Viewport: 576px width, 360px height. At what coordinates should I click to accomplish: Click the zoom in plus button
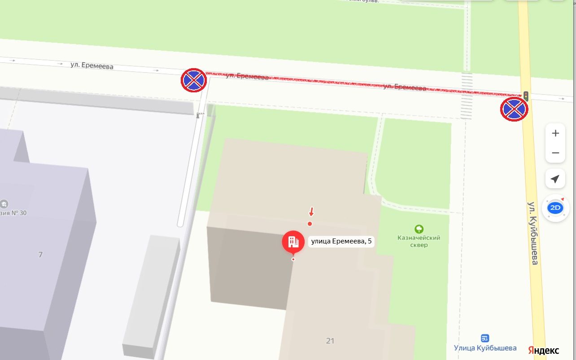tap(555, 133)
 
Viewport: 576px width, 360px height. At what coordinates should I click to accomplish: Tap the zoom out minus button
tap(555, 153)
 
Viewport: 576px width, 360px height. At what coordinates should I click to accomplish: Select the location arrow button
tap(555, 179)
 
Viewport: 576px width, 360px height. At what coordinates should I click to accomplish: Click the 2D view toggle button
tap(555, 208)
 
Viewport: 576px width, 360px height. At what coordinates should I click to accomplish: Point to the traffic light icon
tap(525, 95)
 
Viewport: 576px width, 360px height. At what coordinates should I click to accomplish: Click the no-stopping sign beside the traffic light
tap(514, 109)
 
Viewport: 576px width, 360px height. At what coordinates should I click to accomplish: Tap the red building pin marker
tap(293, 242)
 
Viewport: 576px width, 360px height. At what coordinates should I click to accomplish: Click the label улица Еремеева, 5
tap(341, 241)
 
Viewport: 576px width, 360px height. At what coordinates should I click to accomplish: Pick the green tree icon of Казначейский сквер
tap(419, 229)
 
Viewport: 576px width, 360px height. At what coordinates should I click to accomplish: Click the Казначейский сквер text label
tap(419, 241)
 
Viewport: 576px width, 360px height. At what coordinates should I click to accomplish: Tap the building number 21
tap(330, 341)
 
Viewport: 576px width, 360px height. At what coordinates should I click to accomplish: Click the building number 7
tap(40, 255)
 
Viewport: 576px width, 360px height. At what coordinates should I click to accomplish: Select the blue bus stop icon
tap(484, 338)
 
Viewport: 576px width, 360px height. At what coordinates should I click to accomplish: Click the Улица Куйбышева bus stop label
tap(485, 348)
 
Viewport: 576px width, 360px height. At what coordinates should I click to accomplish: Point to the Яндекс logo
tap(543, 350)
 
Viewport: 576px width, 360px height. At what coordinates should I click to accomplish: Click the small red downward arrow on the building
tap(311, 212)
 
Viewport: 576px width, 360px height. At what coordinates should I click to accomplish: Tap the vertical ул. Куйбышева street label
tap(533, 233)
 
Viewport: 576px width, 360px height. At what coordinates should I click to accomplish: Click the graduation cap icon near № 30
tap(4, 204)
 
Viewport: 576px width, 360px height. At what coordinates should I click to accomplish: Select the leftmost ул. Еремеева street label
tap(92, 65)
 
